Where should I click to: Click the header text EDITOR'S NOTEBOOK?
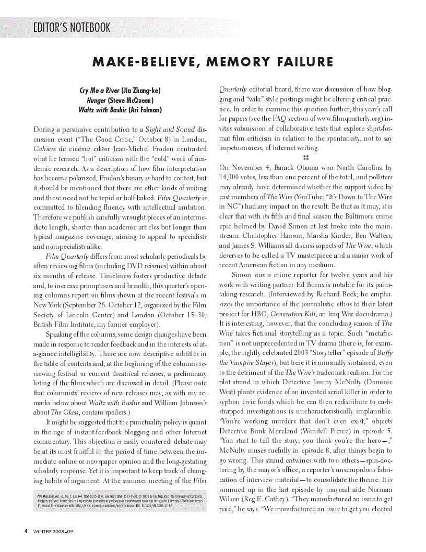coord(72,28)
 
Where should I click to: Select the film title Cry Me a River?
coord(98,90)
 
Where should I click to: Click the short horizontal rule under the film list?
coord(120,120)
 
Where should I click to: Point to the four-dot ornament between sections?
coord(306,158)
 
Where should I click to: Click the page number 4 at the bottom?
coord(26,532)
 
